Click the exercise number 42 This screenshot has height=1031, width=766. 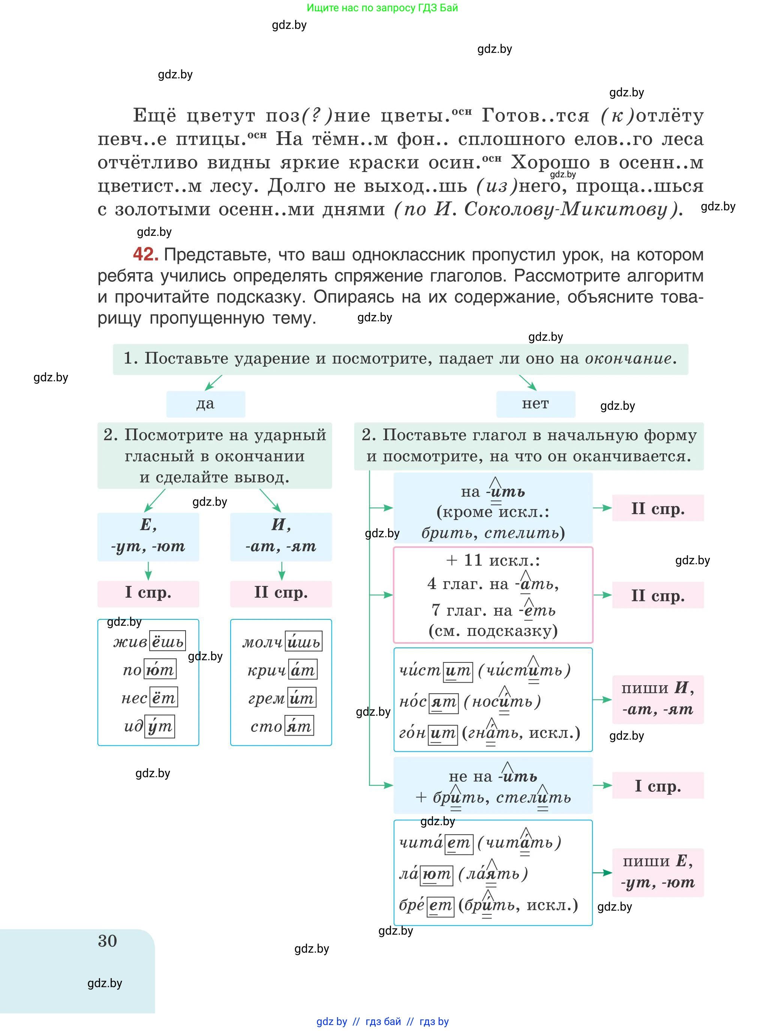tap(145, 254)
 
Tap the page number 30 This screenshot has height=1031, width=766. tap(107, 941)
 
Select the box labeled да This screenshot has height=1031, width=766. tap(205, 404)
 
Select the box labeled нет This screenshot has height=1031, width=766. tap(535, 404)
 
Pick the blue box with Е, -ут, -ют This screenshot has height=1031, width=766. tap(148, 536)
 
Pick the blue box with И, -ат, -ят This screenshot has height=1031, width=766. tap(281, 536)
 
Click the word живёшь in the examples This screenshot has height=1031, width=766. tap(149, 641)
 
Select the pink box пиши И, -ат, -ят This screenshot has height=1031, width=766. tap(658, 699)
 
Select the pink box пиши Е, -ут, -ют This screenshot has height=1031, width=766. tap(658, 872)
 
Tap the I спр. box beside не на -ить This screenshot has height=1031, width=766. tap(658, 785)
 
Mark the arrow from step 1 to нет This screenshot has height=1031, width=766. tap(528, 382)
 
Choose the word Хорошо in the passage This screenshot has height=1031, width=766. tap(550, 162)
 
